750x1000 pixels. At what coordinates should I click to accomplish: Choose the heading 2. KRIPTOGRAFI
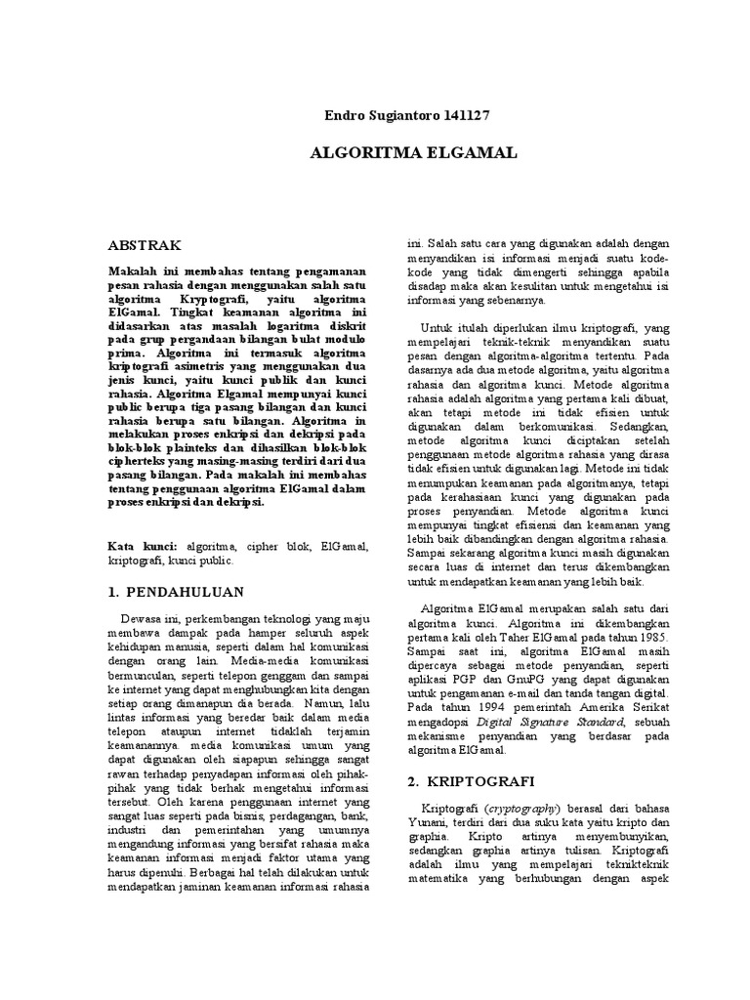tap(474, 780)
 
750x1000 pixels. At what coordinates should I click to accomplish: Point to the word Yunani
tap(426, 825)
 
